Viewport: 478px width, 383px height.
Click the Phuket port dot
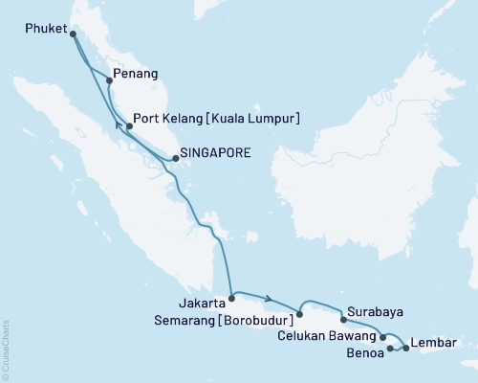(x=74, y=34)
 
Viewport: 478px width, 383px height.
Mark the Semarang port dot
(x=299, y=313)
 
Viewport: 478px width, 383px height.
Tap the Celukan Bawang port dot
(x=382, y=336)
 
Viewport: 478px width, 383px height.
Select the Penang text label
(x=136, y=74)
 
